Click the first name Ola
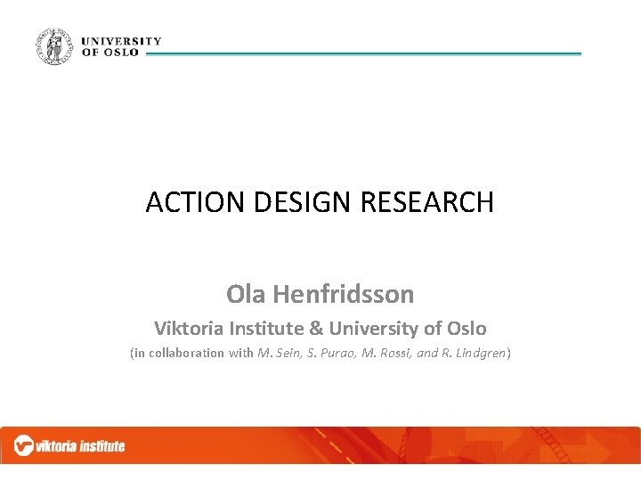click(245, 293)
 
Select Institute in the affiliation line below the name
click(266, 328)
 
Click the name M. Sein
click(279, 353)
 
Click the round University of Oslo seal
click(55, 46)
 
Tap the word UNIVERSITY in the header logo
click(121, 41)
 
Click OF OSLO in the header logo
click(110, 53)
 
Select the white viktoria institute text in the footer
click(81, 446)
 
